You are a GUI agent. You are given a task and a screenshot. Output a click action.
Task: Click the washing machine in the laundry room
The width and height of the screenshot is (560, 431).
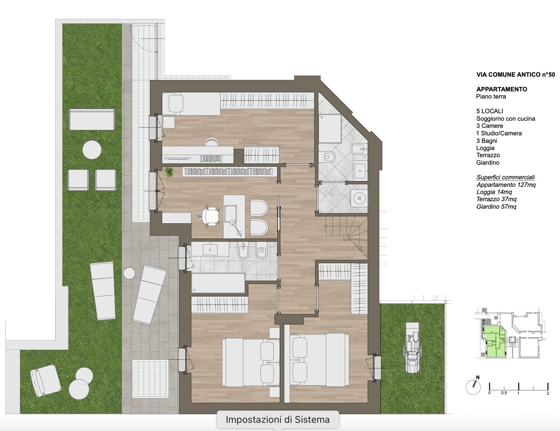[359, 198]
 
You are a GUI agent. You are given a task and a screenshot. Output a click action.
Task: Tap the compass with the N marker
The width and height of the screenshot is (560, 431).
[473, 387]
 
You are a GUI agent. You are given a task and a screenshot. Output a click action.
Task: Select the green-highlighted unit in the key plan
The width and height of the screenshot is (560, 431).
[495, 341]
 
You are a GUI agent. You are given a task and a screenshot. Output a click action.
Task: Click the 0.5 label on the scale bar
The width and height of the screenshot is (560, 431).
[504, 393]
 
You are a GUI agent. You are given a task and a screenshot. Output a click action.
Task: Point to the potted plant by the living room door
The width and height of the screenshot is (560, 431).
[169, 172]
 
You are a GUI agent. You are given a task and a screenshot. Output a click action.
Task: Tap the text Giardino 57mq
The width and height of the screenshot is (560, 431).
[496, 206]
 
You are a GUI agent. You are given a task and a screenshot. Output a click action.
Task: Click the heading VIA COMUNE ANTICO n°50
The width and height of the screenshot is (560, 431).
[515, 75]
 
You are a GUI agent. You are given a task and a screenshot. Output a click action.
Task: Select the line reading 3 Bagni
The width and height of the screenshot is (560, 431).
[487, 141]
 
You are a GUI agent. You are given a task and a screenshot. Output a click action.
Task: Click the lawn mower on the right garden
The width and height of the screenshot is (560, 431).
[413, 347]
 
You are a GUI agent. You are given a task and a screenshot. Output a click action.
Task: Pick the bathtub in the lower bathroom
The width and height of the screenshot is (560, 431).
[218, 283]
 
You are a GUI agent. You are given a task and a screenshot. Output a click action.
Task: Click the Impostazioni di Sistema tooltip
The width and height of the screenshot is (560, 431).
[278, 420]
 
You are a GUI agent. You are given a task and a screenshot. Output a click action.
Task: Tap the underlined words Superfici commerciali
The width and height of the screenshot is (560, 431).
[505, 177]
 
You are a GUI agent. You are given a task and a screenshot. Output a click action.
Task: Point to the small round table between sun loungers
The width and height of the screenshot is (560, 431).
[129, 273]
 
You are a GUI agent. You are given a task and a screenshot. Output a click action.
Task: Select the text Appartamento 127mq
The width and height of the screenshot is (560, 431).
[506, 185]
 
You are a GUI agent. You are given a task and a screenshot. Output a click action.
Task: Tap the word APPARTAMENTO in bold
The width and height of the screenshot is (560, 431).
[501, 89]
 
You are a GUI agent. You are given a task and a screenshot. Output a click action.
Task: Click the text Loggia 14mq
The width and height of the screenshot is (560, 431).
[494, 192]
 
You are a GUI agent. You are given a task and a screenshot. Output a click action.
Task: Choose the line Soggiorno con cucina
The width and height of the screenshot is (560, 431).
[506, 119]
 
